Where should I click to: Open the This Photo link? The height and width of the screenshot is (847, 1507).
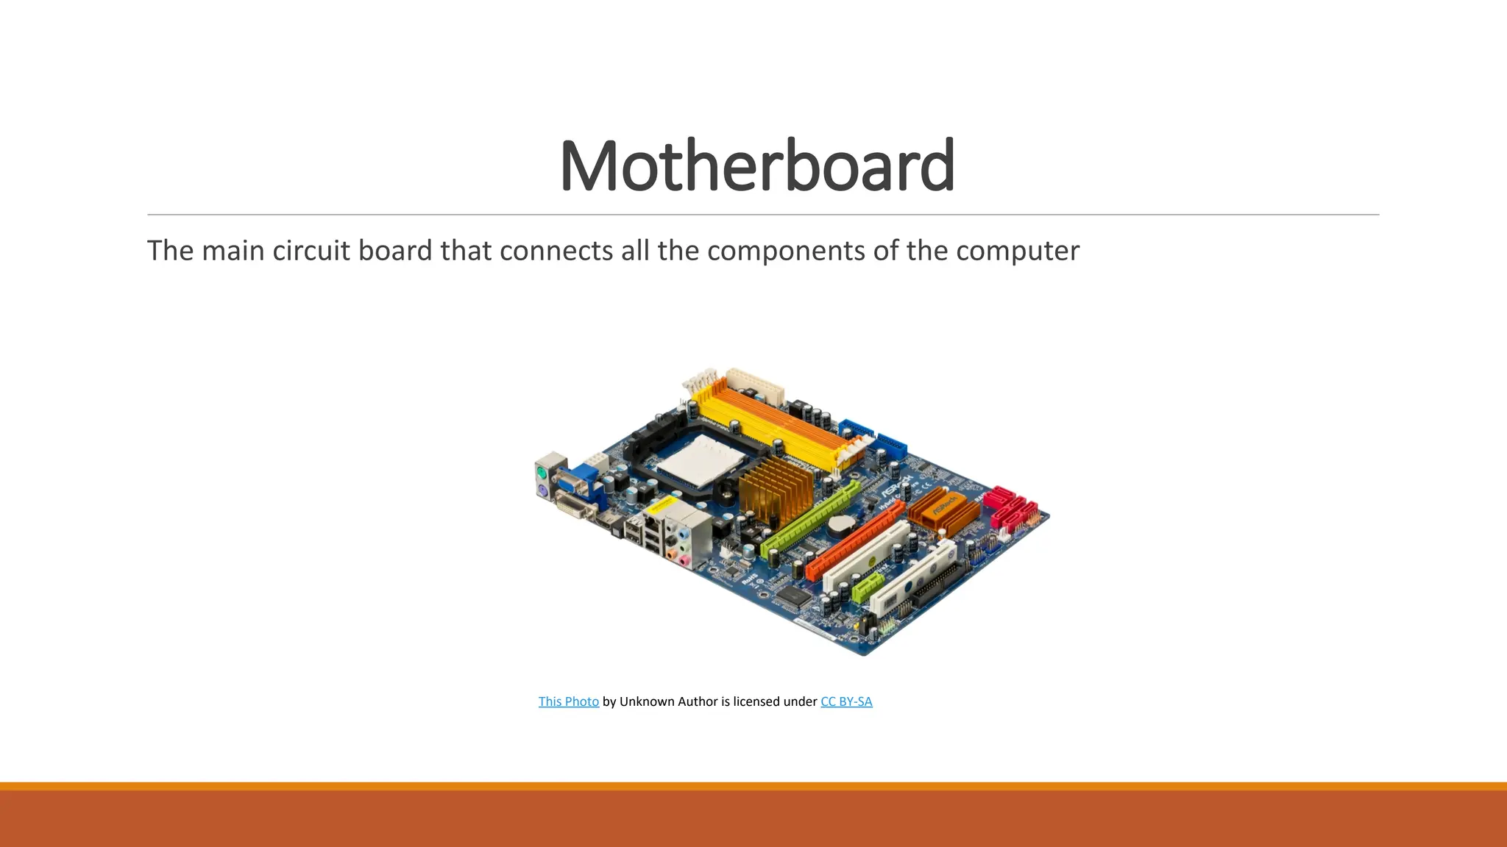(x=568, y=701)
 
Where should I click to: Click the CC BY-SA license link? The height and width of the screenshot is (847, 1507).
(x=846, y=701)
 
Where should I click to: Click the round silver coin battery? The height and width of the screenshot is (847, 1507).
(x=840, y=524)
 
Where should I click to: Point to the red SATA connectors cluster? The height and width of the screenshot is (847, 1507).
(x=1012, y=508)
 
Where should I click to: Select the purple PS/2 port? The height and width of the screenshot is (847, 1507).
(x=542, y=491)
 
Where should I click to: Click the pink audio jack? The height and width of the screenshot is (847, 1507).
(x=684, y=561)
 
